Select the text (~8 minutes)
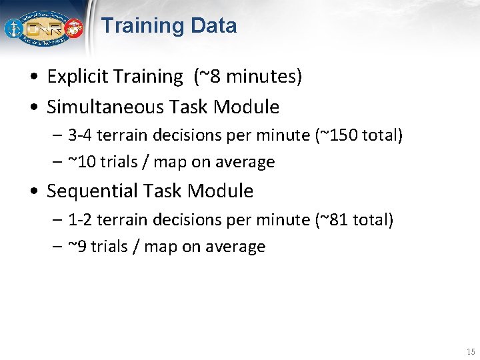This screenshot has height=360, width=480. [247, 77]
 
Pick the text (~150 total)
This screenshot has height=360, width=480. [359, 135]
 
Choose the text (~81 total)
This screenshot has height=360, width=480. [353, 219]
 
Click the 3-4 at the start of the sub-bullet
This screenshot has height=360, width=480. [79, 135]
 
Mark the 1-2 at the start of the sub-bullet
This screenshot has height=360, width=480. [79, 219]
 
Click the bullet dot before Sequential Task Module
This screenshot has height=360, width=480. [33, 192]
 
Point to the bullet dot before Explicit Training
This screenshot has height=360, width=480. [33, 77]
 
